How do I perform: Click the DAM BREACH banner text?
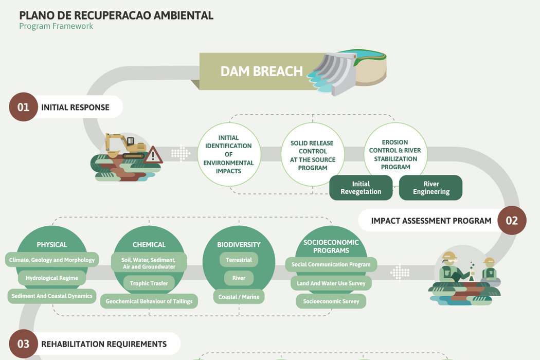pyautogui.click(x=261, y=71)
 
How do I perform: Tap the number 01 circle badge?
pyautogui.click(x=23, y=107)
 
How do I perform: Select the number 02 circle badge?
pyautogui.click(x=511, y=221)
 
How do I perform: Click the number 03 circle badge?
pyautogui.click(x=23, y=344)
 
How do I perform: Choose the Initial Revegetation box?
pyautogui.click(x=361, y=188)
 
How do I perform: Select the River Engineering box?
pyautogui.click(x=430, y=188)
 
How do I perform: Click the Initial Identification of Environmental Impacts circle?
pyautogui.click(x=228, y=154)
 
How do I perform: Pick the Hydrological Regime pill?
pyautogui.click(x=52, y=278)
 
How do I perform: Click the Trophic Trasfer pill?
pyautogui.click(x=149, y=283)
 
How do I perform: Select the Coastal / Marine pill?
pyautogui.click(x=239, y=297)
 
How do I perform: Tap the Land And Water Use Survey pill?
pyautogui.click(x=331, y=283)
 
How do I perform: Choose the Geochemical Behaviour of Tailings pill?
pyautogui.click(x=149, y=301)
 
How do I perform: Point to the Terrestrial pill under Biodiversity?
pyautogui.click(x=239, y=260)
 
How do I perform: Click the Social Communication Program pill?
pyautogui.click(x=331, y=264)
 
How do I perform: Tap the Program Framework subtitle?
pyautogui.click(x=56, y=26)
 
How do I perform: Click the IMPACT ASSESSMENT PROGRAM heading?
pyautogui.click(x=431, y=221)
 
